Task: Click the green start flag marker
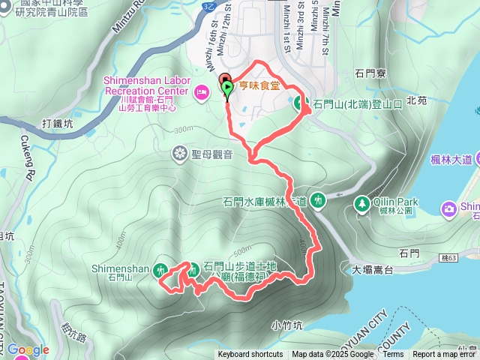[x=227, y=88]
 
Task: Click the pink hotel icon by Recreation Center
[x=201, y=91]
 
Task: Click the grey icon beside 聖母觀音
[x=180, y=154]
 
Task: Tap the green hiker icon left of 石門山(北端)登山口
[x=299, y=103]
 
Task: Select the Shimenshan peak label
[x=121, y=268]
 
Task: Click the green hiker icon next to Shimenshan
[x=160, y=270]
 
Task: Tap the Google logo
[x=28, y=349]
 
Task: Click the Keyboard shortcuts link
[x=250, y=355]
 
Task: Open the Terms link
[x=393, y=355]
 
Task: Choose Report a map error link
[x=444, y=355]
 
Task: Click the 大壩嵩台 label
[x=373, y=267]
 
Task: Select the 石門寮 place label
[x=370, y=73]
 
